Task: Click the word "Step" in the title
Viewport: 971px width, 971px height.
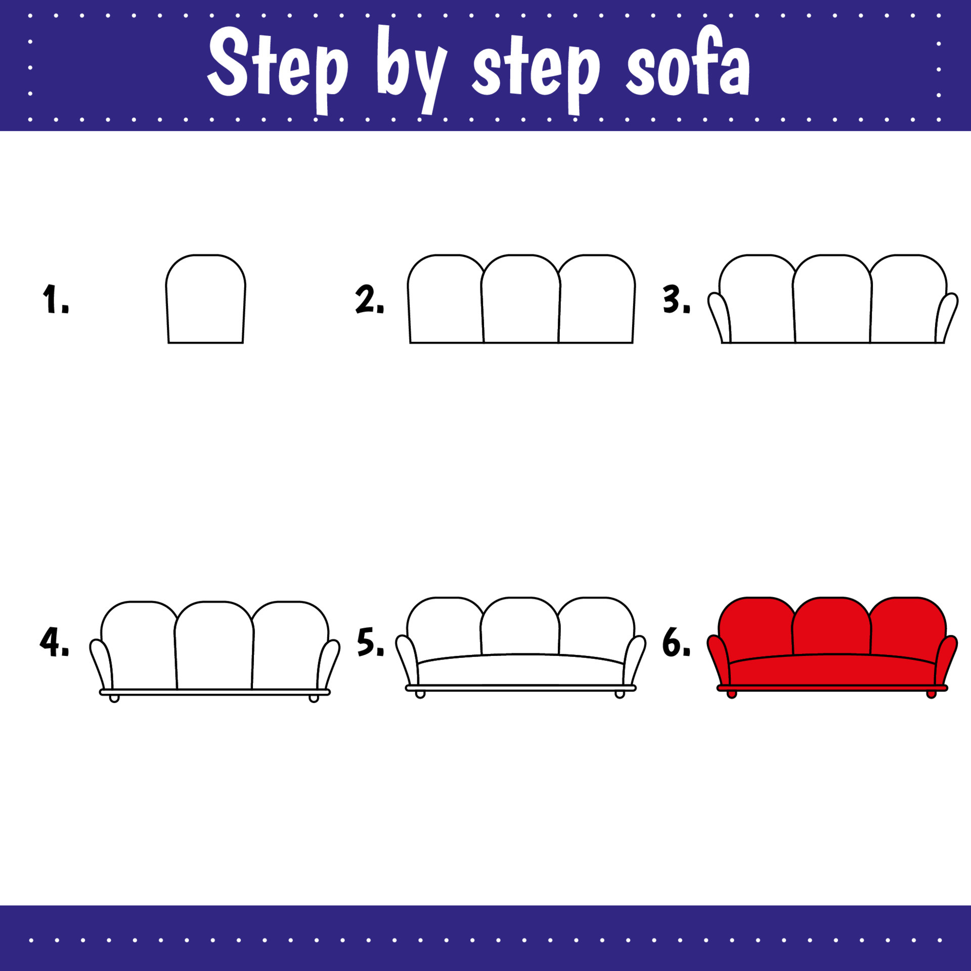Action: click(278, 66)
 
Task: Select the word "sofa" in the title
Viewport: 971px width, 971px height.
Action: click(688, 66)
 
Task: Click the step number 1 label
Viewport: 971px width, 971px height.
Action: click(55, 299)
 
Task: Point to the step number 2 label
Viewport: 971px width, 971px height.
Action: click(369, 299)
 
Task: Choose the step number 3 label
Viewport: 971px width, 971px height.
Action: click(676, 299)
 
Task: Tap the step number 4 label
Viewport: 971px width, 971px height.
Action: click(54, 642)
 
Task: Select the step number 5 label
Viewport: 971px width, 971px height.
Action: click(370, 642)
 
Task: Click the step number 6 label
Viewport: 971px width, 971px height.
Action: click(676, 642)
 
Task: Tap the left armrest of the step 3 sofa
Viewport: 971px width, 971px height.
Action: click(720, 316)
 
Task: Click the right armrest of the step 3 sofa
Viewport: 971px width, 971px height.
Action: click(946, 316)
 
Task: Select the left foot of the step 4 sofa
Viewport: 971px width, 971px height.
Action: click(114, 698)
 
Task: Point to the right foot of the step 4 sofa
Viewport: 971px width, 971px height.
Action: click(314, 698)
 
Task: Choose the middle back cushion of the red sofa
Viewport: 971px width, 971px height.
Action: click(831, 627)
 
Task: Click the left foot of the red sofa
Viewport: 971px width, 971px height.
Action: click(731, 694)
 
